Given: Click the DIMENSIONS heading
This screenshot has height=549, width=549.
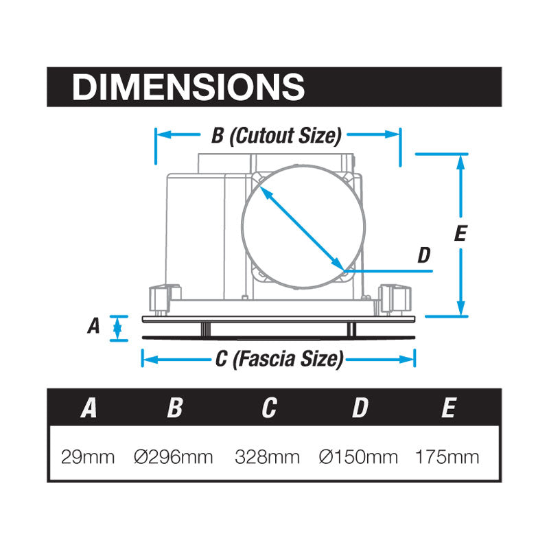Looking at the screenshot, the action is [x=188, y=87].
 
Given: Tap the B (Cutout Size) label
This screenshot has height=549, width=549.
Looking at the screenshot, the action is [x=277, y=136].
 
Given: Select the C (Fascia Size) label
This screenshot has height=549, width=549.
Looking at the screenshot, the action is [x=279, y=359].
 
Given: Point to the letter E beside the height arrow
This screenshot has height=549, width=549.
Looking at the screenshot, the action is [x=460, y=233].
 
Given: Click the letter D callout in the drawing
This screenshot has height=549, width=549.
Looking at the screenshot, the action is [x=424, y=255].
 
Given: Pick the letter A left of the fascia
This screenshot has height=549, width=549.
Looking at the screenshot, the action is [x=93, y=326].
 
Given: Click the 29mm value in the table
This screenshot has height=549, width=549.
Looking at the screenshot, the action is [x=88, y=457].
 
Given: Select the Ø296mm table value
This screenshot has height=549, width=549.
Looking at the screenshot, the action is [x=174, y=457].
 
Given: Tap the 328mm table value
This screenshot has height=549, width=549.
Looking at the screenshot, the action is [x=267, y=457].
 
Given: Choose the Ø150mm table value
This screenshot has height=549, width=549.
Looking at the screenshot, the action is [x=358, y=457].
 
